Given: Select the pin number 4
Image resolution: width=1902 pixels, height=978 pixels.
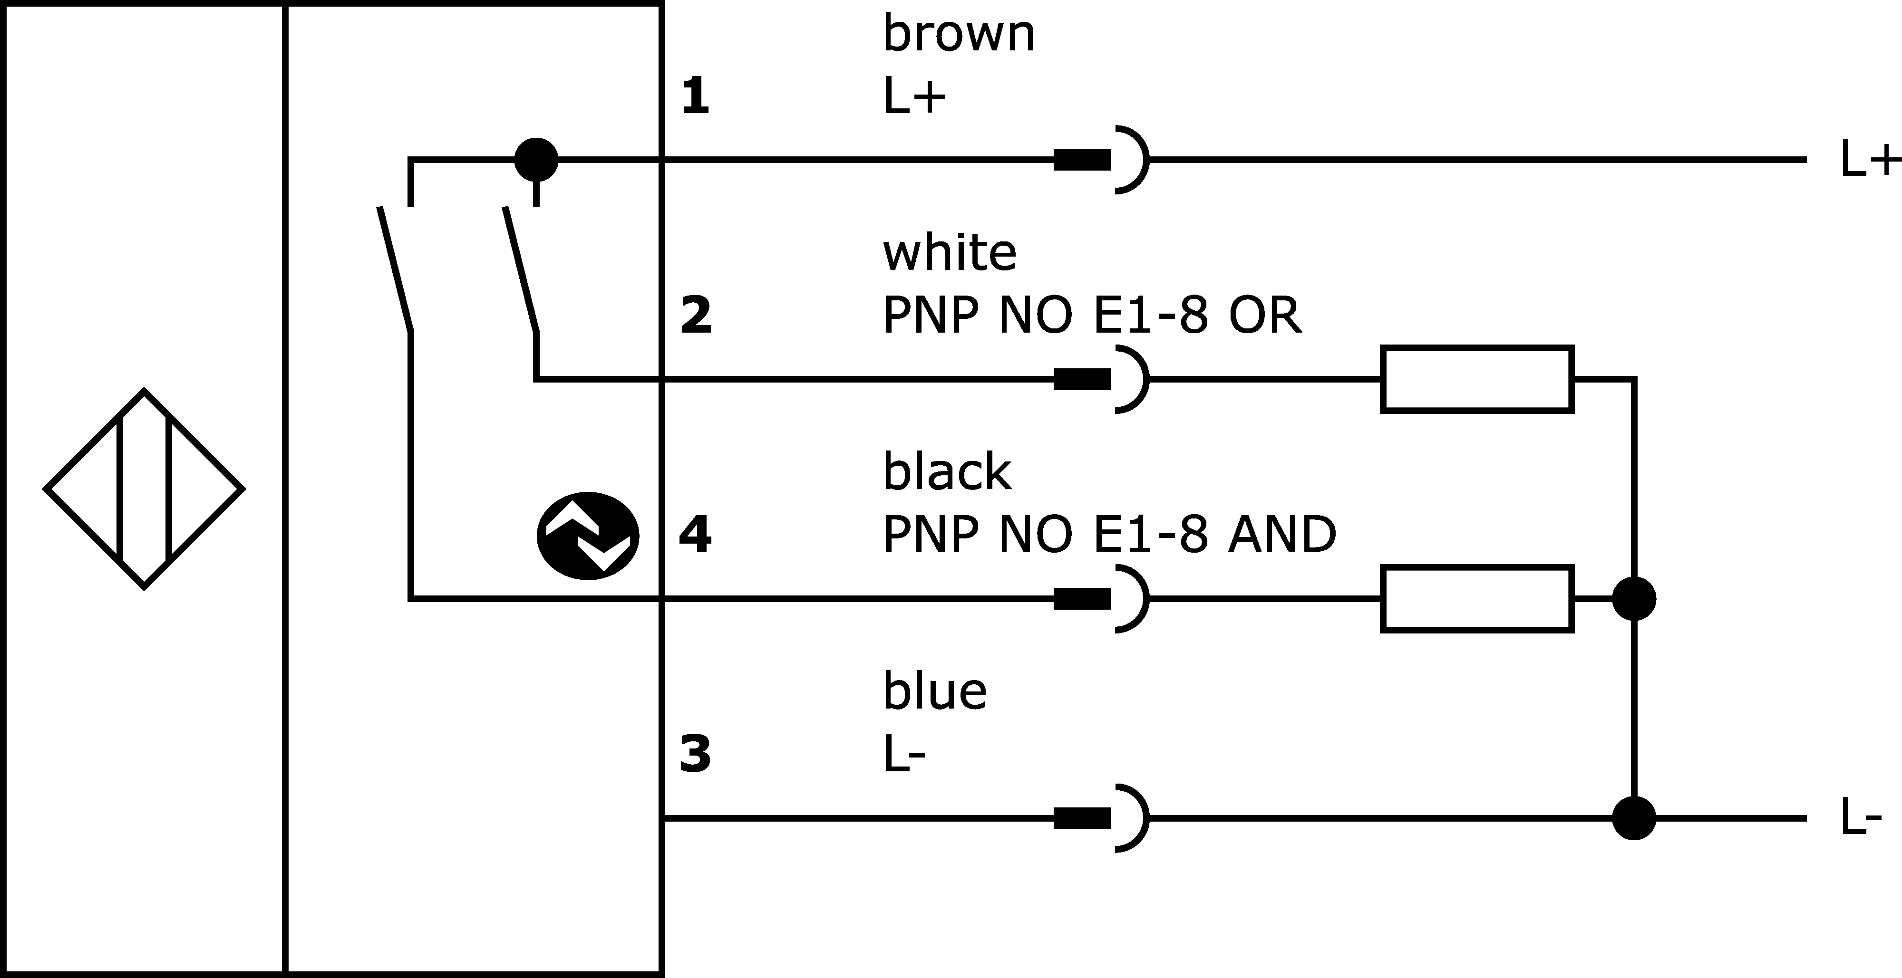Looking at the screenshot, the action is point(695,535).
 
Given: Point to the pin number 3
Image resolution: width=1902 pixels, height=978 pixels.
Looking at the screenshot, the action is point(695,754).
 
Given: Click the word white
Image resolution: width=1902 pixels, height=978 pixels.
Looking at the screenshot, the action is point(950,252).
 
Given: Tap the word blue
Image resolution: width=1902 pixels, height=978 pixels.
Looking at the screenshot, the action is point(935,691).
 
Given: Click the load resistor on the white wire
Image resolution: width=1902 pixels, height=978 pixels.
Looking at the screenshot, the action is point(1477,379).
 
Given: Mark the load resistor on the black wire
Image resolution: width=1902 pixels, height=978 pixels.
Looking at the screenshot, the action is point(1477,599).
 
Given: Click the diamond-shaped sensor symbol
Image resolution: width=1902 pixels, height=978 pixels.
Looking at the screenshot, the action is point(144,489).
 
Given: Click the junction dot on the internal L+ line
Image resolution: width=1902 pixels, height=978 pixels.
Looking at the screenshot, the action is point(536,159).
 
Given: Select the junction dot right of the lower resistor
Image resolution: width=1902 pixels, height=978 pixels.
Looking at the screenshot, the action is point(1634,599).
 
